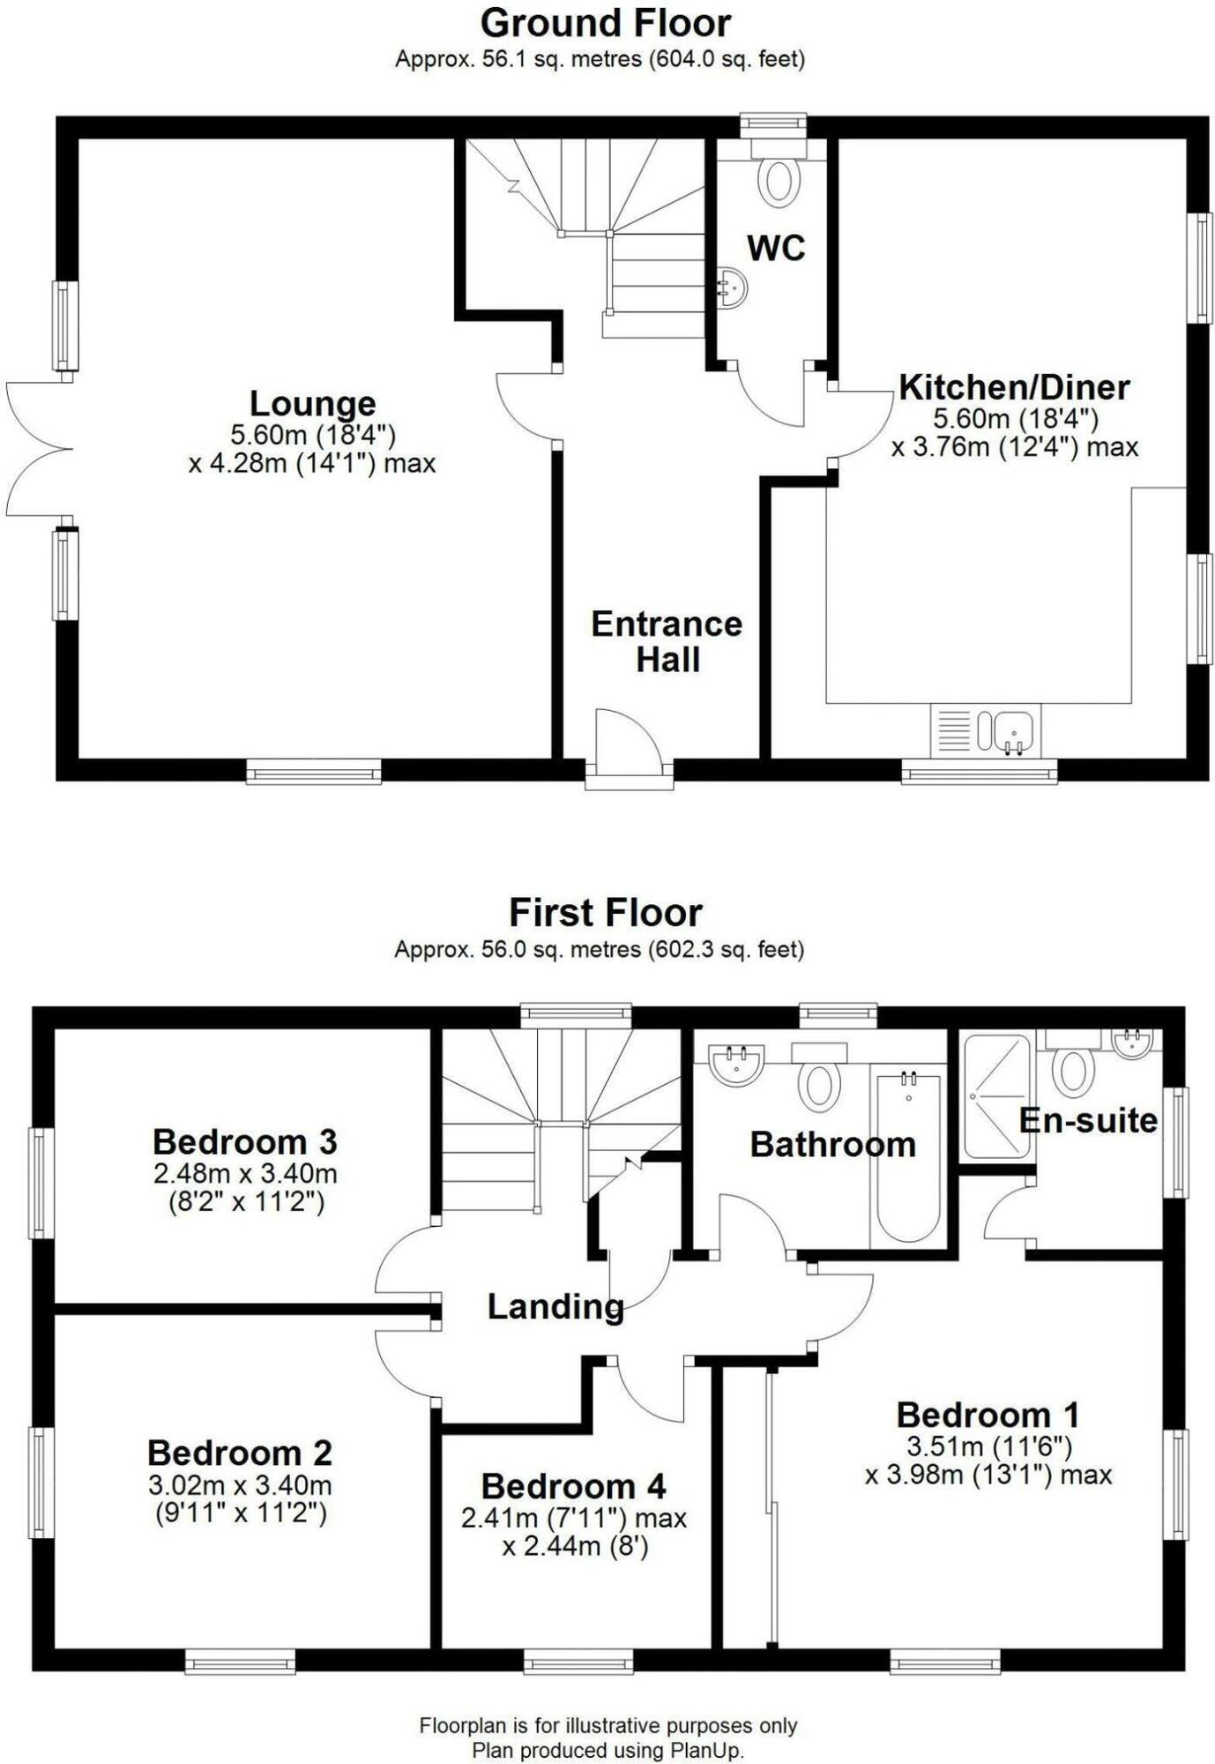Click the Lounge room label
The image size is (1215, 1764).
click(313, 404)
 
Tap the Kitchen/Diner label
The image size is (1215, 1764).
click(1014, 387)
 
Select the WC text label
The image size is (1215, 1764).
click(776, 248)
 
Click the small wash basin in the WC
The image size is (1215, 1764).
click(733, 288)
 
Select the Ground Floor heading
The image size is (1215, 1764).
click(606, 23)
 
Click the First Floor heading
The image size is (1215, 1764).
click(606, 912)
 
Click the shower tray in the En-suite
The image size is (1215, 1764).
click(997, 1096)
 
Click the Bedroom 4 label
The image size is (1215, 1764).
click(573, 1486)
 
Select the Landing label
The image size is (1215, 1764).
click(555, 1306)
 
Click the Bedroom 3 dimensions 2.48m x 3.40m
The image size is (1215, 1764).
click(245, 1174)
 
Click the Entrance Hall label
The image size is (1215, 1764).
click(667, 641)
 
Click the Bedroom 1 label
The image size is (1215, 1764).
click(988, 1415)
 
